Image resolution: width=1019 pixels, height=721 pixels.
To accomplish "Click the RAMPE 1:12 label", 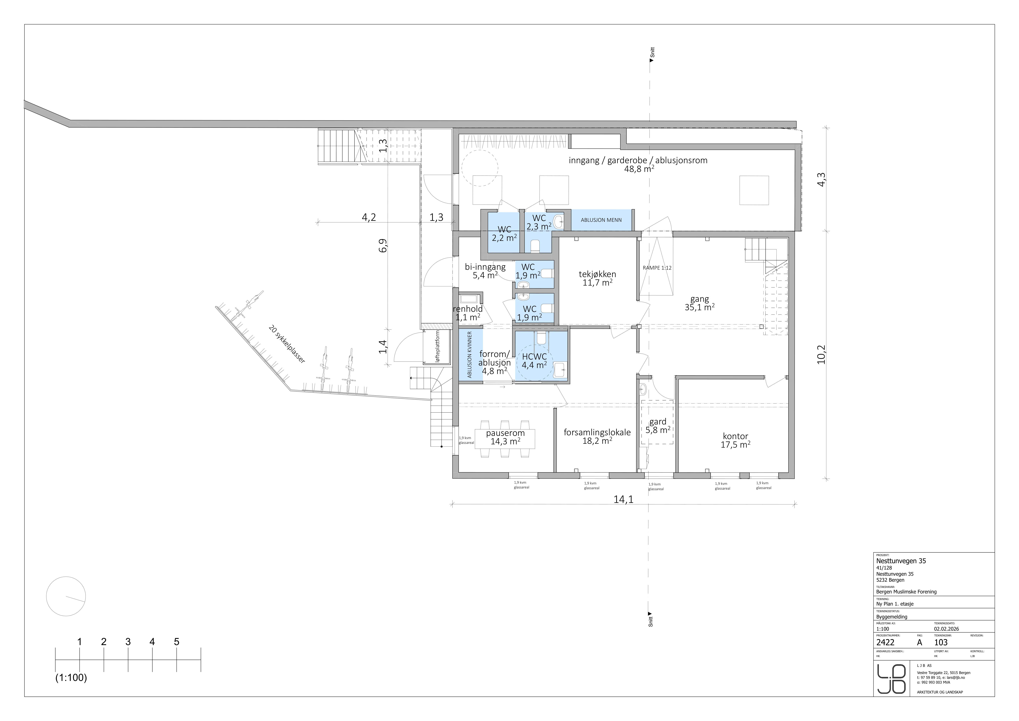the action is [657, 268].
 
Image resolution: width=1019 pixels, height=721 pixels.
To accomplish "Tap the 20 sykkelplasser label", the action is [287, 344].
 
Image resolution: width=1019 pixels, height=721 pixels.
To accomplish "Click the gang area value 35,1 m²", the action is [699, 307].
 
